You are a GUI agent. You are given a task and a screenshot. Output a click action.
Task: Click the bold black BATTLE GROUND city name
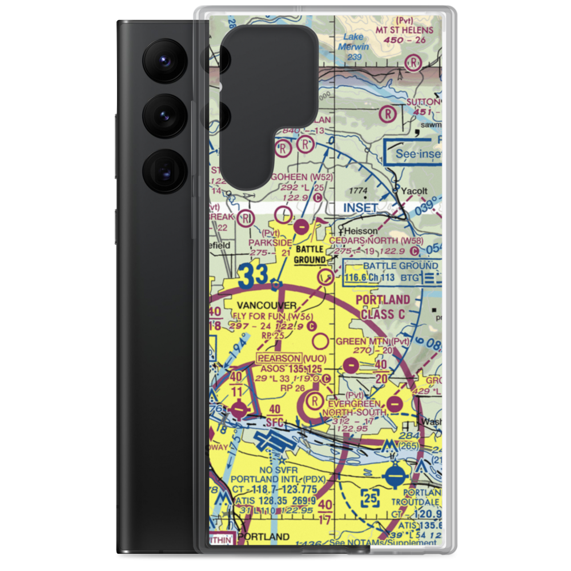(309, 255)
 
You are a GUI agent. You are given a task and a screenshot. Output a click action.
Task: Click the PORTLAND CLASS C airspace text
(383, 307)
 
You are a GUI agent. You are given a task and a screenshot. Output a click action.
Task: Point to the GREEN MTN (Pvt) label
(373, 341)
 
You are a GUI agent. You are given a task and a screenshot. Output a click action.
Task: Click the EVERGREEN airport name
(349, 403)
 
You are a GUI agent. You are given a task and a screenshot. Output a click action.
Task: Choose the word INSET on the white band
(361, 208)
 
